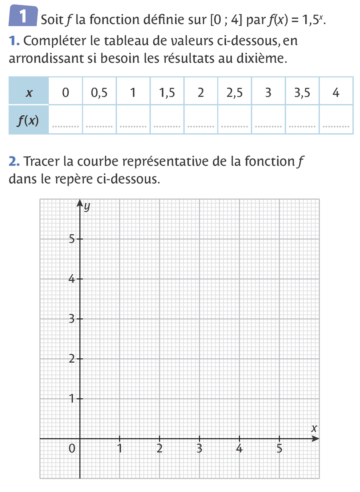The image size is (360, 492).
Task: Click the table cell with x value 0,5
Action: [99, 93]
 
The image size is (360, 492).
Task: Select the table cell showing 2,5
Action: [234, 93]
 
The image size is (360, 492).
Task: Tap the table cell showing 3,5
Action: [302, 93]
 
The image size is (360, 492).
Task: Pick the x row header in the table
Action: [29, 93]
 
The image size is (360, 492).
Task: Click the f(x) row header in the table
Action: [28, 120]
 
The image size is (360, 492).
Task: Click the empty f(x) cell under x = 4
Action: [336, 120]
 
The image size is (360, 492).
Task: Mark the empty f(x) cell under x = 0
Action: [65, 120]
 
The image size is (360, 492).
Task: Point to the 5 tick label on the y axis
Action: [71, 239]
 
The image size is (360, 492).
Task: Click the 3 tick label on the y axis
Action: [71, 319]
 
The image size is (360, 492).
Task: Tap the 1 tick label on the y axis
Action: [71, 399]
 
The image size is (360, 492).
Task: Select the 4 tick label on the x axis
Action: [239, 449]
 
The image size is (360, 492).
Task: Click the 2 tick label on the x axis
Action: [160, 449]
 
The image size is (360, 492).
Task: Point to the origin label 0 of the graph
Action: [71, 449]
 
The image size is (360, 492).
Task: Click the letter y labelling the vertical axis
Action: [87, 206]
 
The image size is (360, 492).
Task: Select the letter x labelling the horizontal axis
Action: [314, 429]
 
